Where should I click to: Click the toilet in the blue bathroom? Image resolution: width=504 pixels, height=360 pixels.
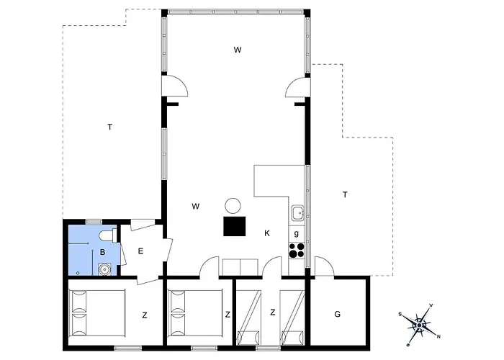[x=108, y=235]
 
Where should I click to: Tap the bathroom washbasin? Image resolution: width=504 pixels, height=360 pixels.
[x=105, y=269]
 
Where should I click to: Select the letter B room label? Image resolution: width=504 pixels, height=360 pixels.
[x=102, y=252]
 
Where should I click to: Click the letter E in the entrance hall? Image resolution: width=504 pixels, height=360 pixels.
[x=140, y=251]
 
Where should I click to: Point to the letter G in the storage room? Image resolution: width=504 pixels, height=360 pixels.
[x=337, y=314]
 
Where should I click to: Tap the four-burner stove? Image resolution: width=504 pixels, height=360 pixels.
[x=297, y=251]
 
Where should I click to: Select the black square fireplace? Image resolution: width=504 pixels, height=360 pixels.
[x=234, y=226]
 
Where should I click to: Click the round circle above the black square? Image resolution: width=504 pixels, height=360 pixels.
[x=233, y=206]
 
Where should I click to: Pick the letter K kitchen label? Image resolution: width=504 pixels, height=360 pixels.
[x=267, y=233]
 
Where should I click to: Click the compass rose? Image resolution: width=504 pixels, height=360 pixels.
[x=419, y=325]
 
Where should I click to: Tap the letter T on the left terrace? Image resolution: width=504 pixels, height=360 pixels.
[x=110, y=127]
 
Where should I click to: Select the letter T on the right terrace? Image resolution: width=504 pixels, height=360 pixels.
[x=345, y=194]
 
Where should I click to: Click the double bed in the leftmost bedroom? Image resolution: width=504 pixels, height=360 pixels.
[x=98, y=313]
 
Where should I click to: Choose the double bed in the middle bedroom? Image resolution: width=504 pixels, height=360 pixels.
[x=196, y=313]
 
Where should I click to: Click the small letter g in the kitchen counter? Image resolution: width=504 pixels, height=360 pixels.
[x=297, y=234]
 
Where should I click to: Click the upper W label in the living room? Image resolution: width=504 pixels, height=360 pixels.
[x=238, y=50]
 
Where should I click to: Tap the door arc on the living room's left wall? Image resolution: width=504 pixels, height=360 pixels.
[x=175, y=86]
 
